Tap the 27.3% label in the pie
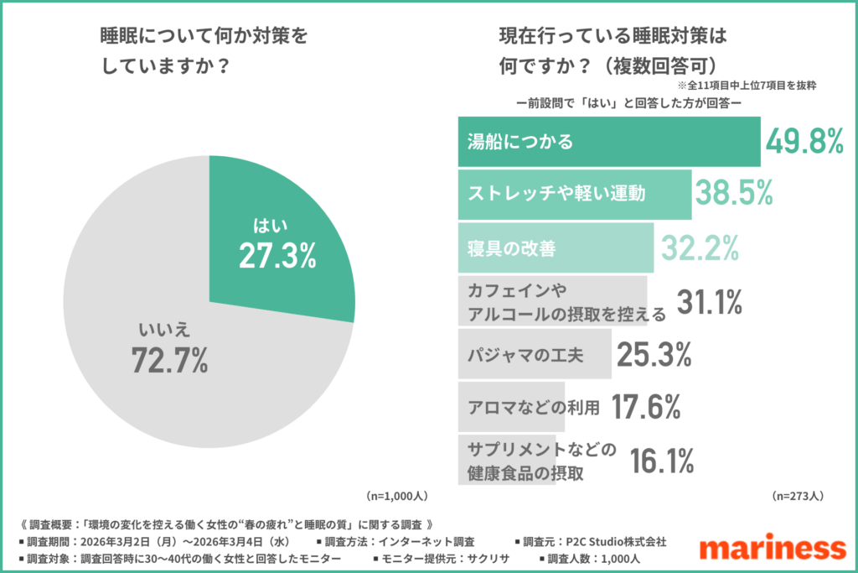[x=277, y=257]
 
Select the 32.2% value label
[x=700, y=248]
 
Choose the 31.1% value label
[x=711, y=302]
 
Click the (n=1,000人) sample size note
[x=398, y=495]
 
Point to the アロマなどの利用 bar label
[x=534, y=409]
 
